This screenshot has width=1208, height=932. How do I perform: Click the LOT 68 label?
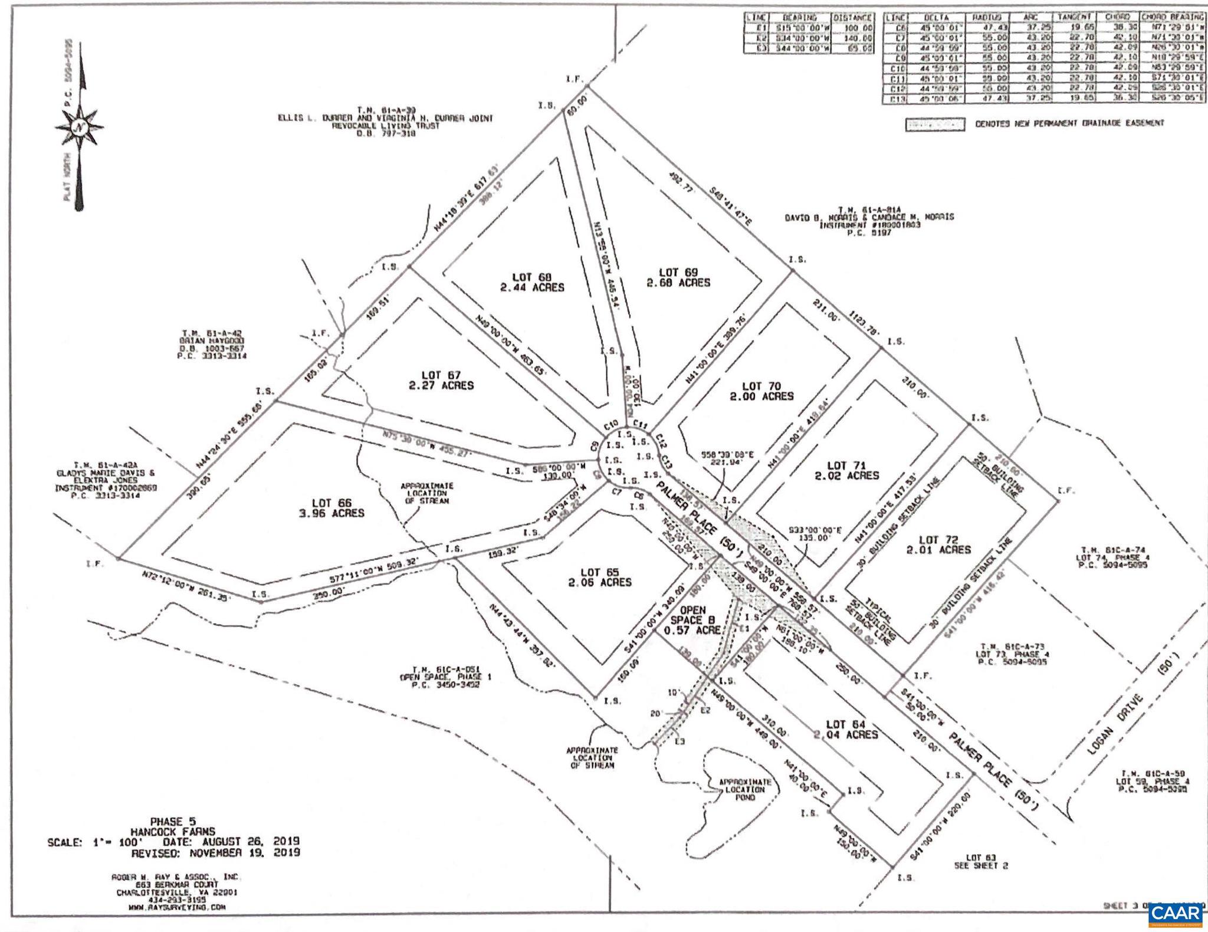531,277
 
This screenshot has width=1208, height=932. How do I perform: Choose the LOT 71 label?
846,465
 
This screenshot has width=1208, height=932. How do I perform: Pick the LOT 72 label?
937,539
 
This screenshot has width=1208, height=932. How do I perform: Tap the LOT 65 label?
599,572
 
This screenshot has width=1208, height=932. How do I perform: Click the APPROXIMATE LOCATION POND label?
742,789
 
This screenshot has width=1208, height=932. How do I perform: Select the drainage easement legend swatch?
935,124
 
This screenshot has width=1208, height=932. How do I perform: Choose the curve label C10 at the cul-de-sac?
610,425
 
